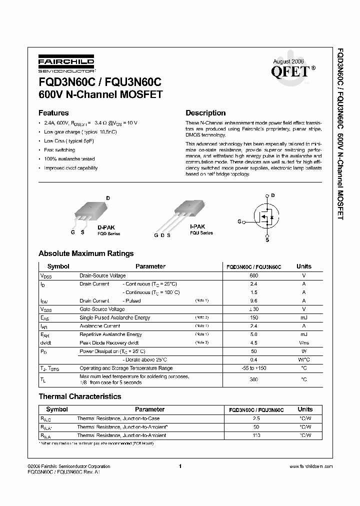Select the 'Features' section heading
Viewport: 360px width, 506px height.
pyautogui.click(x=53, y=113)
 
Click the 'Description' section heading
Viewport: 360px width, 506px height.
pyautogui.click(x=205, y=113)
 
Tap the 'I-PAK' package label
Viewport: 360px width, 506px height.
pyautogui.click(x=197, y=226)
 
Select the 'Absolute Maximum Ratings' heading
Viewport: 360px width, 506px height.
pyautogui.click(x=86, y=253)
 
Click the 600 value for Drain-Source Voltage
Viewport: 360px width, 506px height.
pyautogui.click(x=254, y=275)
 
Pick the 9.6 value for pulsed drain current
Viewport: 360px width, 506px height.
pyautogui.click(x=254, y=301)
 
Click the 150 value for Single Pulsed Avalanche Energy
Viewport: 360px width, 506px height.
pyautogui.click(x=254, y=317)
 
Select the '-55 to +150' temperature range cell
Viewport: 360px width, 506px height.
pyautogui.click(x=254, y=368)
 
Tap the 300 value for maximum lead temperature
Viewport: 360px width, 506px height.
pyautogui.click(x=254, y=379)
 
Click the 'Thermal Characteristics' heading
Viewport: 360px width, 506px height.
pyautogui.click(x=80, y=396)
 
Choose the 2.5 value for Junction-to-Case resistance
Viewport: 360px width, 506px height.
pyautogui.click(x=256, y=418)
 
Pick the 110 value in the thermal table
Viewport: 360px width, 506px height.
pyautogui.click(x=256, y=436)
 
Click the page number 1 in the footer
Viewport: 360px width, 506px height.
pyautogui.click(x=179, y=466)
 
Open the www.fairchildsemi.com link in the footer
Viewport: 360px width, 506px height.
pyautogui.click(x=311, y=466)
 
